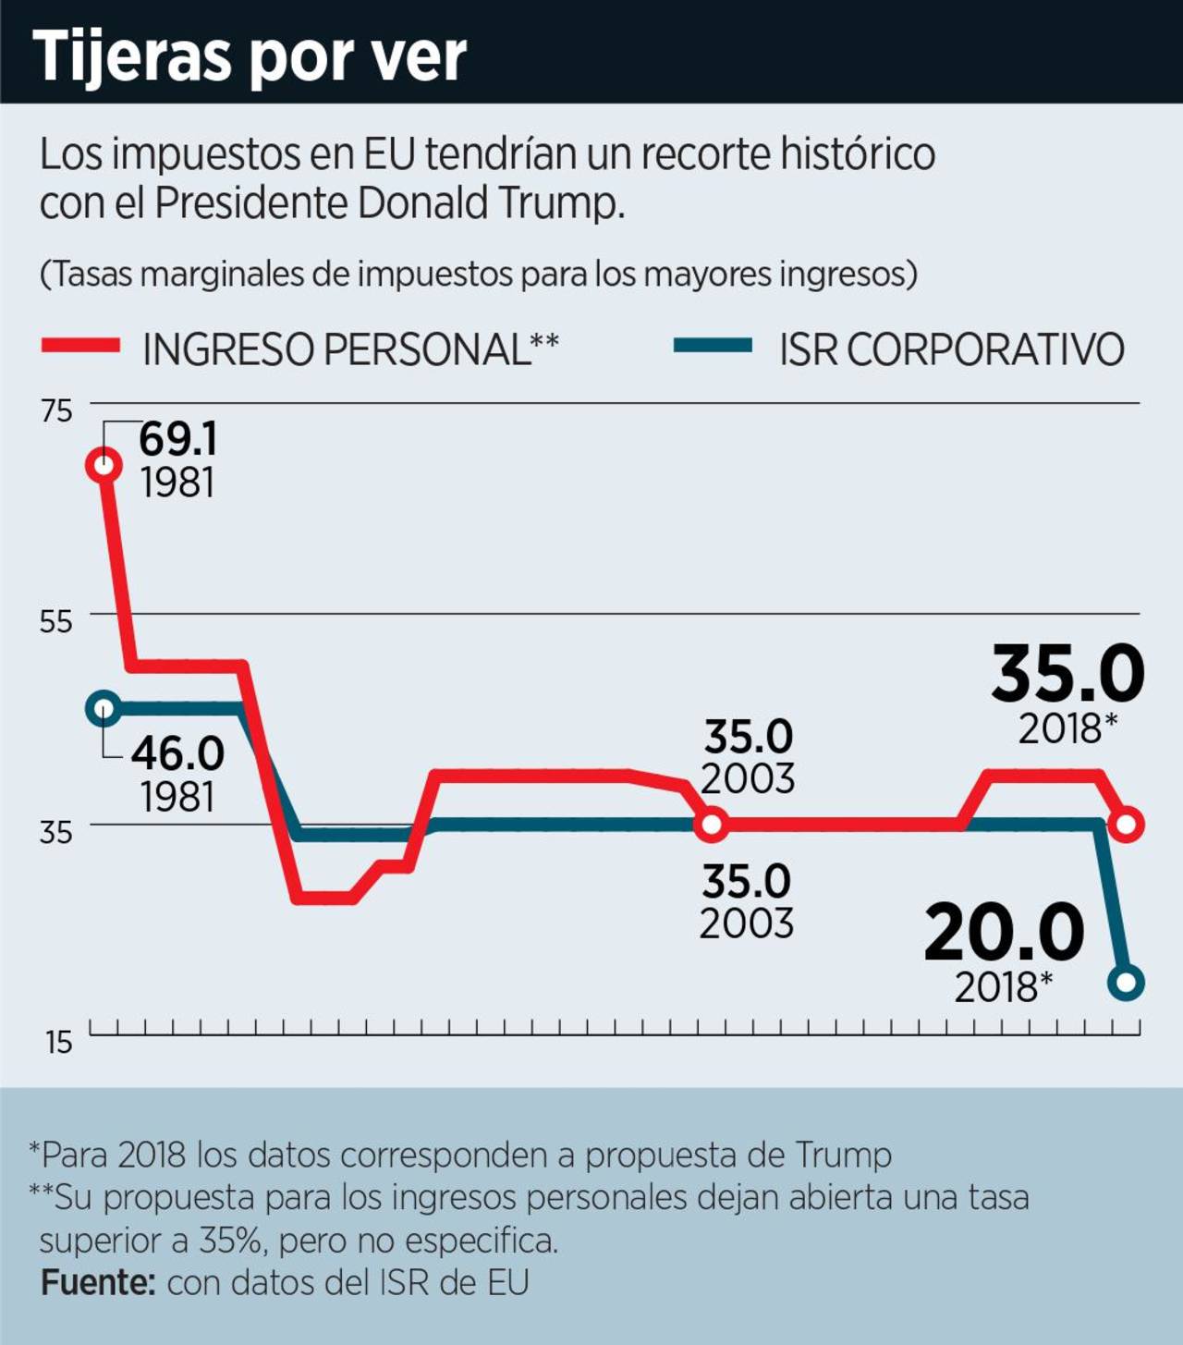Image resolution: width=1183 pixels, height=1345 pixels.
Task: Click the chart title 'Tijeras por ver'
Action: pos(250,55)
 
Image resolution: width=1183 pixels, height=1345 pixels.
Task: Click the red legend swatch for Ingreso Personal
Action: pos(81,347)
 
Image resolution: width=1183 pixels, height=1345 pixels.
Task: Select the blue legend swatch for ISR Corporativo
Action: pos(713,347)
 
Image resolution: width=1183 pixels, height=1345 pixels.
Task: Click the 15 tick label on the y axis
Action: pos(58,1043)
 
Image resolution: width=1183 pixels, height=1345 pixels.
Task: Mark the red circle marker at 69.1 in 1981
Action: pos(104,465)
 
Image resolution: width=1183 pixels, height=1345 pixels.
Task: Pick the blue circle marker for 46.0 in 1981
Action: pos(104,709)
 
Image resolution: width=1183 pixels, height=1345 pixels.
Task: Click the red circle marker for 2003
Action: pos(712,824)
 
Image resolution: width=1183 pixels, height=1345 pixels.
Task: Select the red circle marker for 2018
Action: pos(1127,824)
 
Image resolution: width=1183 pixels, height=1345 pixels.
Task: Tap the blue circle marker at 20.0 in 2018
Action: pos(1127,983)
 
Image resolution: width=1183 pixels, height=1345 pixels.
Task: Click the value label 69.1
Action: pos(178,440)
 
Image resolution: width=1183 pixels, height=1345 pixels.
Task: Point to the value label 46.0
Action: pos(177,754)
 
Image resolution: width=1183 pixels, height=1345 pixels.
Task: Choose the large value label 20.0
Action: pos(1004,934)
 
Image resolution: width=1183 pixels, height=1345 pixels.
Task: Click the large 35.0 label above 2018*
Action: pos(1067,674)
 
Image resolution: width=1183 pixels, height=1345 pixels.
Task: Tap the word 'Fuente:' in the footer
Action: pos(98,1283)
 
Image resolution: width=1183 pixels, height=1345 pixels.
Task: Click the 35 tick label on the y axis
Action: pos(56,832)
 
